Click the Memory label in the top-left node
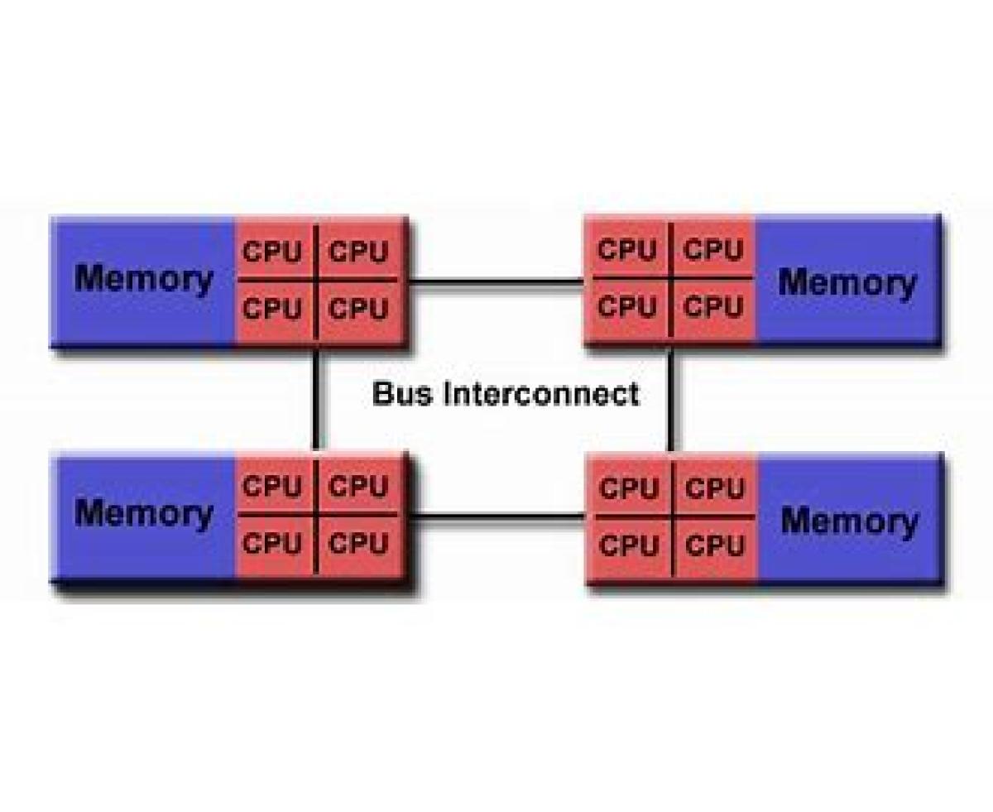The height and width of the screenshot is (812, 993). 143,279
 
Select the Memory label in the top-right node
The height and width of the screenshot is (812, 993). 847,283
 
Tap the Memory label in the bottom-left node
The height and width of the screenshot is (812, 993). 143,513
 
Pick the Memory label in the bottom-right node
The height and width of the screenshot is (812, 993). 849,521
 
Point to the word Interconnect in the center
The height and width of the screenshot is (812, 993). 541,392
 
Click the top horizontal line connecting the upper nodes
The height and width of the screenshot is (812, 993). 496,281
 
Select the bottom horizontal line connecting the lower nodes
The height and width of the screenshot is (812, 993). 496,517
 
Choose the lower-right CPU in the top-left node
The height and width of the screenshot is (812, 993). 358,309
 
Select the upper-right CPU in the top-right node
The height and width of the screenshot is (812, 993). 714,249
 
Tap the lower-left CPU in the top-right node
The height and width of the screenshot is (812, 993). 627,307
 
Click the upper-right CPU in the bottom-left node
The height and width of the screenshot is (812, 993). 358,487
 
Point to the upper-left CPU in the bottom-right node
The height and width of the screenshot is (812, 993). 629,488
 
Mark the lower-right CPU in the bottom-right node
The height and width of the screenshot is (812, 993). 716,545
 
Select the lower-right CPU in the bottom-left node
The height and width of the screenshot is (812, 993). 358,544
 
